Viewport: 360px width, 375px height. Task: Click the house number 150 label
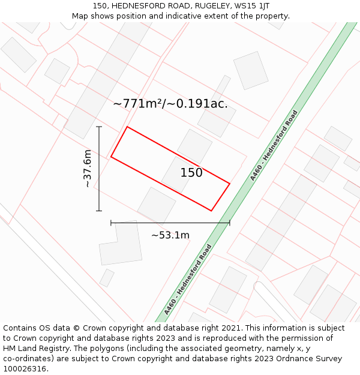[x=191, y=173]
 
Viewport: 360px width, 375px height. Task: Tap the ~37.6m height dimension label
[x=88, y=169]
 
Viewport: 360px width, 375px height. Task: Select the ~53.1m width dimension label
[x=170, y=235]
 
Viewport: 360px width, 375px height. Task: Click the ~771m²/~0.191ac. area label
[x=170, y=104]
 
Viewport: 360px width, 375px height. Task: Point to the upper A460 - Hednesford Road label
[x=274, y=145]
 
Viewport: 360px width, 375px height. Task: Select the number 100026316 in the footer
[x=25, y=368]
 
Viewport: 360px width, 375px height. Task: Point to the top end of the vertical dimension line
[x=99, y=127]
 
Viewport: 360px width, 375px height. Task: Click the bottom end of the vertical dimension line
[x=99, y=211]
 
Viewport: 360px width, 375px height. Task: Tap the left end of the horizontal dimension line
[x=111, y=223]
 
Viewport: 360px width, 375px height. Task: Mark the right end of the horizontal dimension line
[x=230, y=223]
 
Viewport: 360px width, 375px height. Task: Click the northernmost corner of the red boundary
[x=127, y=127]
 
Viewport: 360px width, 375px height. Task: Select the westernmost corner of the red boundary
[x=111, y=157]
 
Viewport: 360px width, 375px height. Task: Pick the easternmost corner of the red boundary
[x=230, y=183]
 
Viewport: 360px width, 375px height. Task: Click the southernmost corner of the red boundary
[x=211, y=211]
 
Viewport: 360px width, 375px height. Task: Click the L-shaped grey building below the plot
[x=120, y=246]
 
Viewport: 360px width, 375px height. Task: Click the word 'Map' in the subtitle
[x=80, y=16]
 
